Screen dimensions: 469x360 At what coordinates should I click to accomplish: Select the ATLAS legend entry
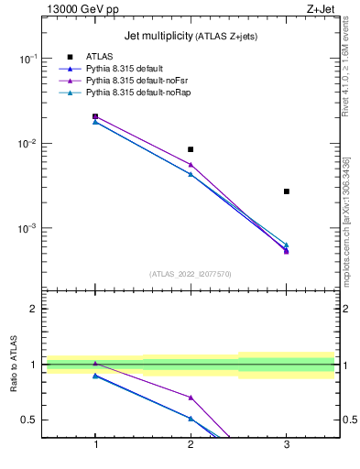click(98, 57)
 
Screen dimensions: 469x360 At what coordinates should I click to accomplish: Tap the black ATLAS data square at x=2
click(191, 149)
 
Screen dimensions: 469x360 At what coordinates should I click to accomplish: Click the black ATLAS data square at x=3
click(287, 191)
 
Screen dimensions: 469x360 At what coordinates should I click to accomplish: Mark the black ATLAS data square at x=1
click(95, 116)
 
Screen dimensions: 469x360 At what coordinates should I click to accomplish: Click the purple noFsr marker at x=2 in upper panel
click(191, 164)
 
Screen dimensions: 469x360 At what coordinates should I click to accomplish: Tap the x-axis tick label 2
click(191, 445)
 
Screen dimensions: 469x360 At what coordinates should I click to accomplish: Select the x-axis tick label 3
click(287, 445)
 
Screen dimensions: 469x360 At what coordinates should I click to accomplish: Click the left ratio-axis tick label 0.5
click(28, 420)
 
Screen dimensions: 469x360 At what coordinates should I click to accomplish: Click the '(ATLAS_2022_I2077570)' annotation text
click(191, 273)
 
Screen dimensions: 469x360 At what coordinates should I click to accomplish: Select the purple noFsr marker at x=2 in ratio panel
click(191, 398)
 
